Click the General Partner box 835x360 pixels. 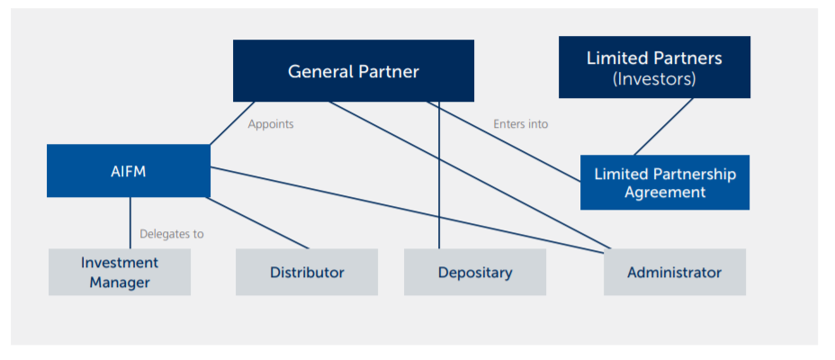[354, 70]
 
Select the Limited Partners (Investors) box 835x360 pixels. [654, 67]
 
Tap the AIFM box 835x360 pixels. [128, 171]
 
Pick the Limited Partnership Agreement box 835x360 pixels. [665, 183]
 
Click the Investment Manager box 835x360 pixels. [120, 272]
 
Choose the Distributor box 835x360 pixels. [307, 272]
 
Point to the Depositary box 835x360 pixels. [475, 272]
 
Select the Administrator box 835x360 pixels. [674, 272]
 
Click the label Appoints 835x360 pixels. [271, 124]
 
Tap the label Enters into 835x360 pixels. [520, 124]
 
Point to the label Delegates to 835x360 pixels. [171, 234]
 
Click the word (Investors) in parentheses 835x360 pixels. [654, 79]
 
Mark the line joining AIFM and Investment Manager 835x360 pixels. [130, 222]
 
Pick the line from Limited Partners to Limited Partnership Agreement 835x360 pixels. [664, 127]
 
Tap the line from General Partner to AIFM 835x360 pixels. [232, 123]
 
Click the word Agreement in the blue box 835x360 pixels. [665, 192]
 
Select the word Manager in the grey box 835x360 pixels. [120, 282]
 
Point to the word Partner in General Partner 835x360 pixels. [388, 70]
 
